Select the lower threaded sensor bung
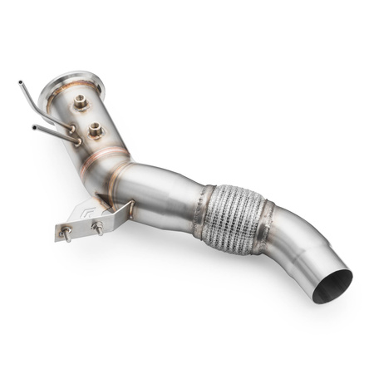point(96,130)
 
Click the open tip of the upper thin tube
point(19,82)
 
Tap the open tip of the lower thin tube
point(33,127)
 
